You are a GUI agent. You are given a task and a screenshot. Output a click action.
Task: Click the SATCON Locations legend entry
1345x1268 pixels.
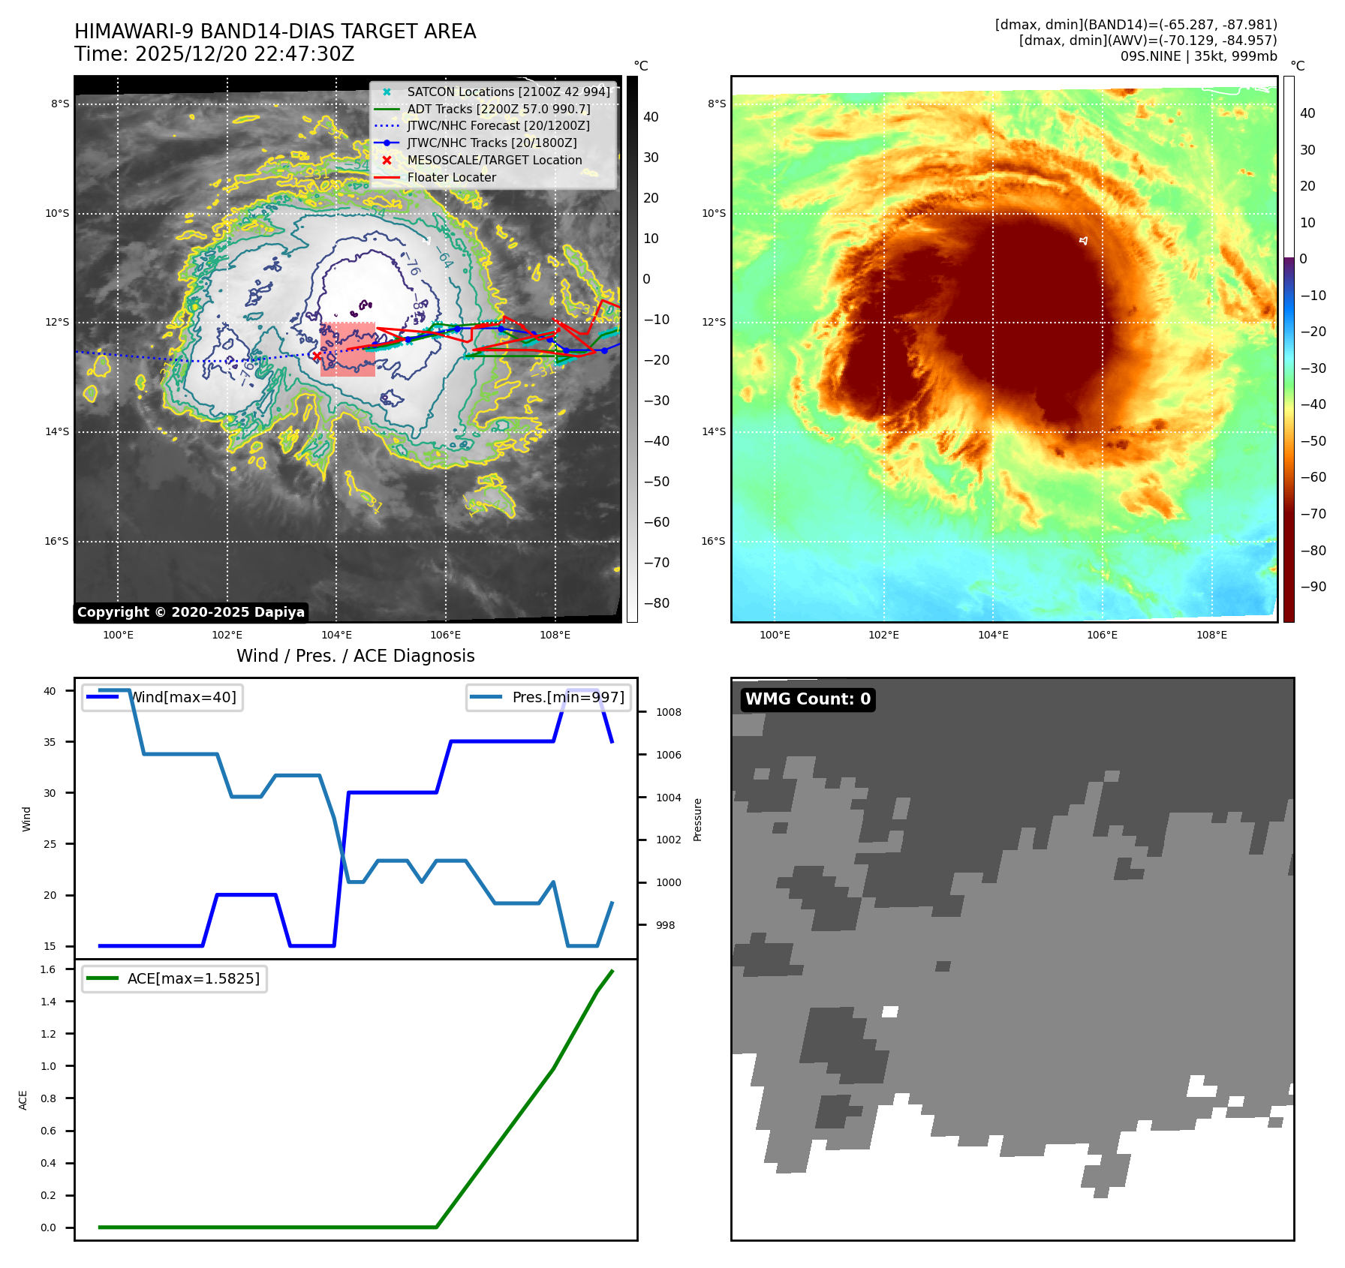click(508, 92)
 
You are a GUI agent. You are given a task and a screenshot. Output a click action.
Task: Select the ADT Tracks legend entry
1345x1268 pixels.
click(498, 109)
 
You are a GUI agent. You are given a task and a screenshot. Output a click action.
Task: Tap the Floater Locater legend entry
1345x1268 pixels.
click(451, 177)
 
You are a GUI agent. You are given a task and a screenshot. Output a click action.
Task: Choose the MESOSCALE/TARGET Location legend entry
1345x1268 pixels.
click(494, 160)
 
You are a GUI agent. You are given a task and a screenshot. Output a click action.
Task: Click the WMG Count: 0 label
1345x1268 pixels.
click(808, 699)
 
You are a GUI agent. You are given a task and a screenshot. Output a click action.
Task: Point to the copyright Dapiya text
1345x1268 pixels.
click(191, 612)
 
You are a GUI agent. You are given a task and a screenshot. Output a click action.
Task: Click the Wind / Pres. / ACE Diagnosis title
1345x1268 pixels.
click(355, 656)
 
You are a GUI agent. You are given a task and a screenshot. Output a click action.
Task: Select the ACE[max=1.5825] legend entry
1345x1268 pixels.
click(193, 978)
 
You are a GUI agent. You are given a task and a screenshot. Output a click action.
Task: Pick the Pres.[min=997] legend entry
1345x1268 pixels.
click(567, 697)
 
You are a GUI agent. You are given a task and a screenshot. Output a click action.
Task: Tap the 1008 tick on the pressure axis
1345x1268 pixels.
click(668, 712)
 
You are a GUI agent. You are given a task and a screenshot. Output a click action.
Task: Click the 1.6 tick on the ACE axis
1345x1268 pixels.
click(48, 969)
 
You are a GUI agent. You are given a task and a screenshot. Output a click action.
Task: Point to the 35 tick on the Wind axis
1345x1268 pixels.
click(50, 742)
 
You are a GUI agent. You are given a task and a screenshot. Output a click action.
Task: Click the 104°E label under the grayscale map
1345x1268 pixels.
click(337, 635)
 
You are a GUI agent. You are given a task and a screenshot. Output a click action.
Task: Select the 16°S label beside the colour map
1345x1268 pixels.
click(713, 541)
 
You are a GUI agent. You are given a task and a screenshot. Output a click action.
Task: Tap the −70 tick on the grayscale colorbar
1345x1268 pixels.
click(656, 563)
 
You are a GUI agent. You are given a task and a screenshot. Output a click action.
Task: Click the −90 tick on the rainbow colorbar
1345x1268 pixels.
click(1313, 587)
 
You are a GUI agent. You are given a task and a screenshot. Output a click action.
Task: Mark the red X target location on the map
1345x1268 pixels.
click(317, 356)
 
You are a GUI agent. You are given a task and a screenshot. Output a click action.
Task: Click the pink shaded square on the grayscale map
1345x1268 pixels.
click(348, 349)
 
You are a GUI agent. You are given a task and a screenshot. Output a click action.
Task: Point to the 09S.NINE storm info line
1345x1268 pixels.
click(1198, 56)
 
